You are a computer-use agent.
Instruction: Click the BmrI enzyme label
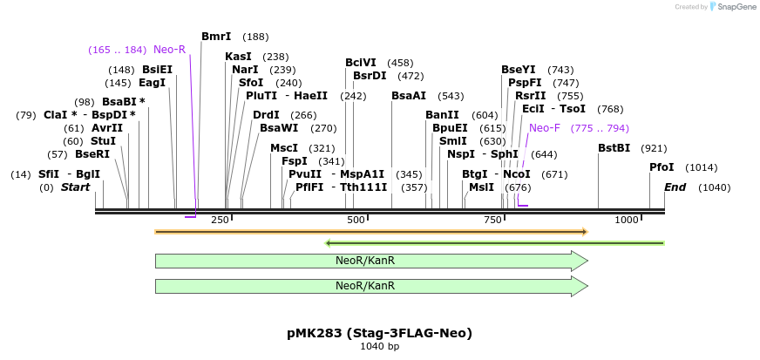[x=216, y=37]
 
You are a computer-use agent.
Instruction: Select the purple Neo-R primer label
[x=169, y=50]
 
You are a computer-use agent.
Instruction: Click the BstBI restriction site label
[x=614, y=148]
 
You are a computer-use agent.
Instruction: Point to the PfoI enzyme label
[x=662, y=167]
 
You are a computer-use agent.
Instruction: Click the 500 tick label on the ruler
[x=356, y=220]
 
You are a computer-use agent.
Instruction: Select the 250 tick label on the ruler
[x=220, y=220]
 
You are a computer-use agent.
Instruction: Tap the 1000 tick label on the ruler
[x=627, y=220]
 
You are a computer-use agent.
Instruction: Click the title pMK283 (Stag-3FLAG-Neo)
[x=379, y=333]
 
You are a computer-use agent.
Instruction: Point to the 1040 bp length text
[x=379, y=347]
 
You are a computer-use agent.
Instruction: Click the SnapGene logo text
[x=734, y=7]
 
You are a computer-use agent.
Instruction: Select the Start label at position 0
[x=75, y=187]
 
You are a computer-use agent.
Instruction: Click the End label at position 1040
[x=675, y=187]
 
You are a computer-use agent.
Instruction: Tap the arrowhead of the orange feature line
[x=585, y=232]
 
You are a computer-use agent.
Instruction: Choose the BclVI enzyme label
[x=361, y=63]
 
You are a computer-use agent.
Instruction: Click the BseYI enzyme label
[x=519, y=70]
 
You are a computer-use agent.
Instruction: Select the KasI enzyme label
[x=238, y=57]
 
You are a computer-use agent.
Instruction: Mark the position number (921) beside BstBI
[x=653, y=148]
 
